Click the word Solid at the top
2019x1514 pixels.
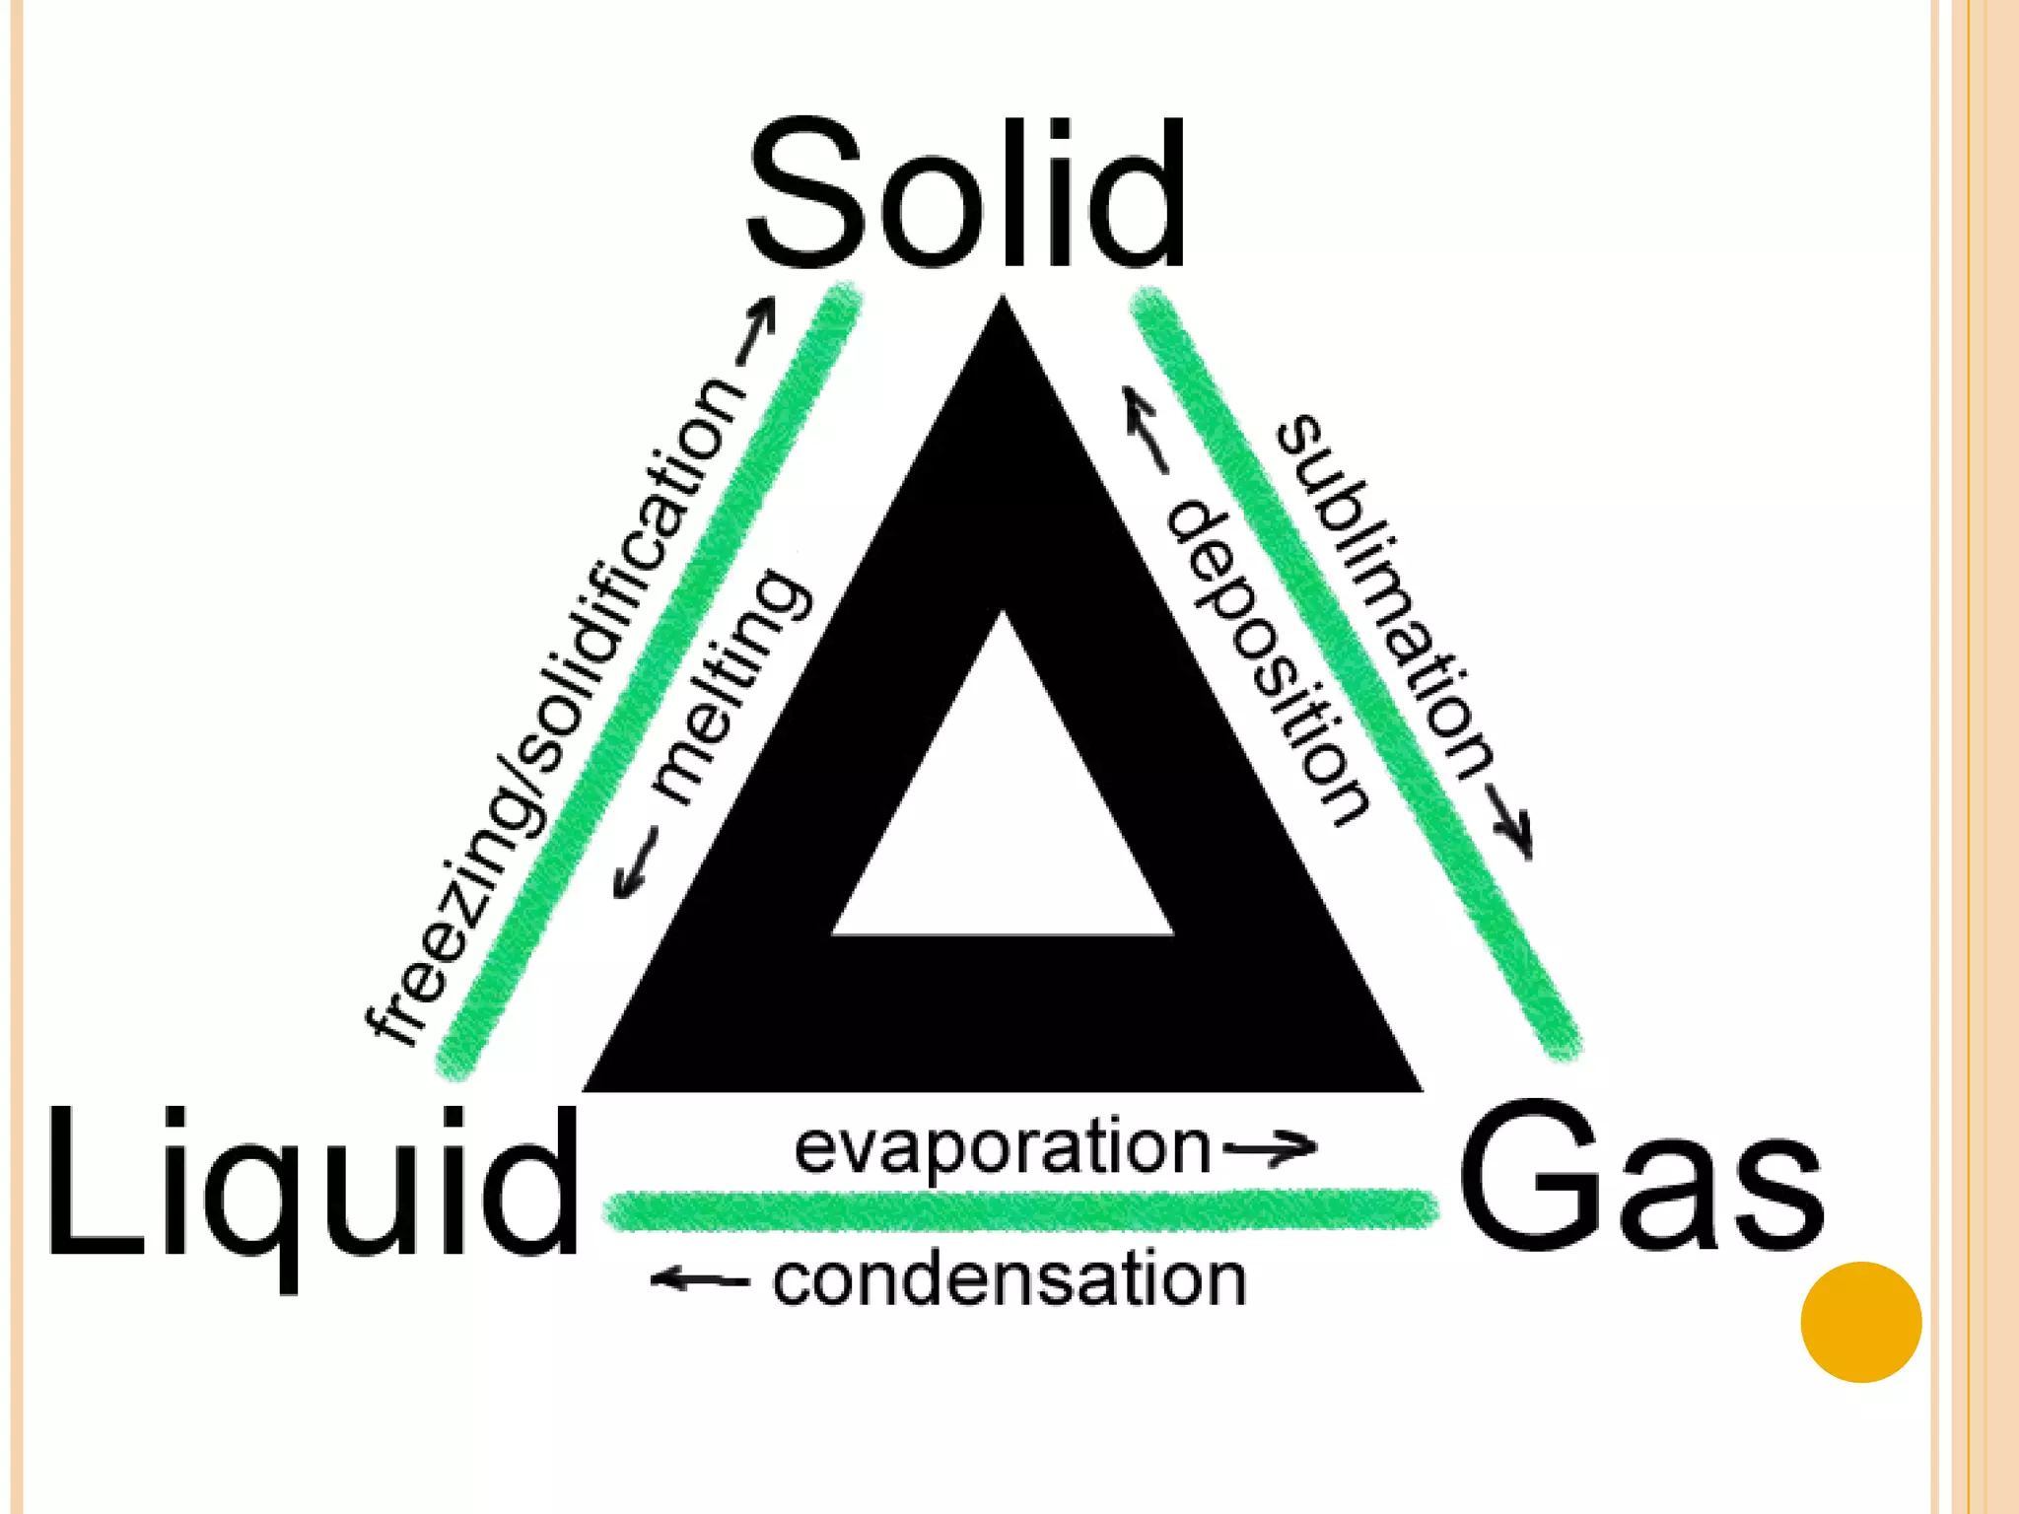(x=966, y=192)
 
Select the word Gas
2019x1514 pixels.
(x=1641, y=1178)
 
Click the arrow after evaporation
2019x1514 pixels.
(x=1270, y=1146)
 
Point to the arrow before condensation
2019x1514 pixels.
(x=699, y=1280)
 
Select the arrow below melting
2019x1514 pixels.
(x=634, y=863)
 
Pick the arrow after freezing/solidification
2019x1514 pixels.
(x=757, y=331)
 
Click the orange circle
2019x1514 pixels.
(x=1860, y=1322)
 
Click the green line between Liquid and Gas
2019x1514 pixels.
(x=1020, y=1210)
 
